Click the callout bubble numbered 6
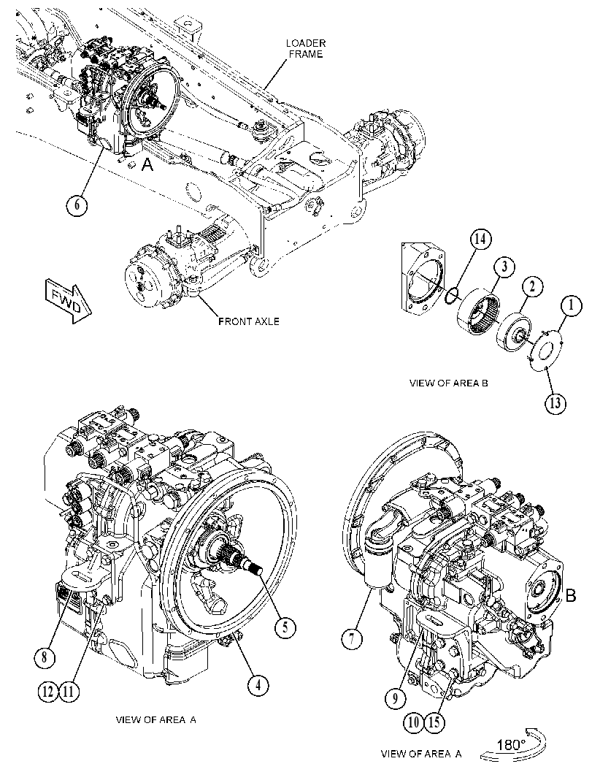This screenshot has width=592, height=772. (77, 204)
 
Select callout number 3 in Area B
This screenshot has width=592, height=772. (505, 268)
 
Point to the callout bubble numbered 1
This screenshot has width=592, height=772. (571, 306)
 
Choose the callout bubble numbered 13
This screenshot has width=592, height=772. (555, 404)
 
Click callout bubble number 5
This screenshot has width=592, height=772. (285, 627)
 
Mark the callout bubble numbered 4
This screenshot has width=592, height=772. (258, 684)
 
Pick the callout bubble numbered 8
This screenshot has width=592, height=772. (45, 657)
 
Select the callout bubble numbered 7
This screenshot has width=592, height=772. (353, 640)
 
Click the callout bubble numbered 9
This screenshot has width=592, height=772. (396, 698)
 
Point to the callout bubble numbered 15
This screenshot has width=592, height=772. (434, 722)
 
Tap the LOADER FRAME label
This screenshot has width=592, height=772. (306, 48)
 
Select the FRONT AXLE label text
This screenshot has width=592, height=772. (248, 321)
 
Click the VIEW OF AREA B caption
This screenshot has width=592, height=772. (448, 383)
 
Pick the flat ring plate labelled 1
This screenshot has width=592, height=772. (547, 351)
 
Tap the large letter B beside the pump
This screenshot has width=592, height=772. (570, 596)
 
